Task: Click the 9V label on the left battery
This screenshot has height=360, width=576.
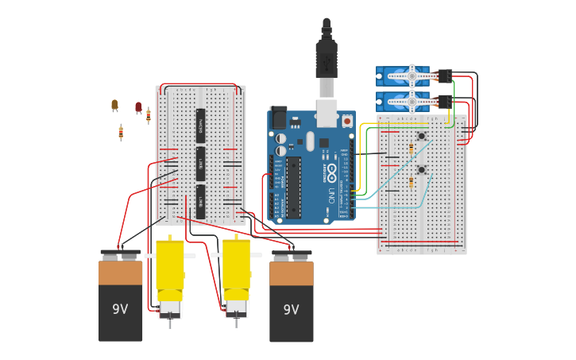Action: click(x=120, y=309)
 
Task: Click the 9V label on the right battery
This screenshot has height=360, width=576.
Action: click(x=291, y=309)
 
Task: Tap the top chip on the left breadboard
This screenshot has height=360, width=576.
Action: click(x=200, y=125)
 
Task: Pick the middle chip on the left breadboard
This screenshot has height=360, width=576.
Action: click(x=200, y=163)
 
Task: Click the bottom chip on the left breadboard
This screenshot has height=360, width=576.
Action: click(x=200, y=201)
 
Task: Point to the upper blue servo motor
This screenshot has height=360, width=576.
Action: click(x=403, y=76)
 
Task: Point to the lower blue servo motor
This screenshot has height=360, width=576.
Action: click(x=403, y=101)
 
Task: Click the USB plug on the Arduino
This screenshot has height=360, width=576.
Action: click(x=327, y=60)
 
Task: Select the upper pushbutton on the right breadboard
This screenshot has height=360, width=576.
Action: click(x=421, y=137)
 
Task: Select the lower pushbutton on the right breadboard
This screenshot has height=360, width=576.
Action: click(x=421, y=169)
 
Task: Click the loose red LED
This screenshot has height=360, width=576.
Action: click(x=138, y=106)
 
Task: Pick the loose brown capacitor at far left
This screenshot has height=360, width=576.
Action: click(x=114, y=105)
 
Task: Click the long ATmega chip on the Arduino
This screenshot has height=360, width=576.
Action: click(x=293, y=187)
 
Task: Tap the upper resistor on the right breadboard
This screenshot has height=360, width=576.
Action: click(x=410, y=149)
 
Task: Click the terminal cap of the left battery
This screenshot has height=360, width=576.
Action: click(x=120, y=254)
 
